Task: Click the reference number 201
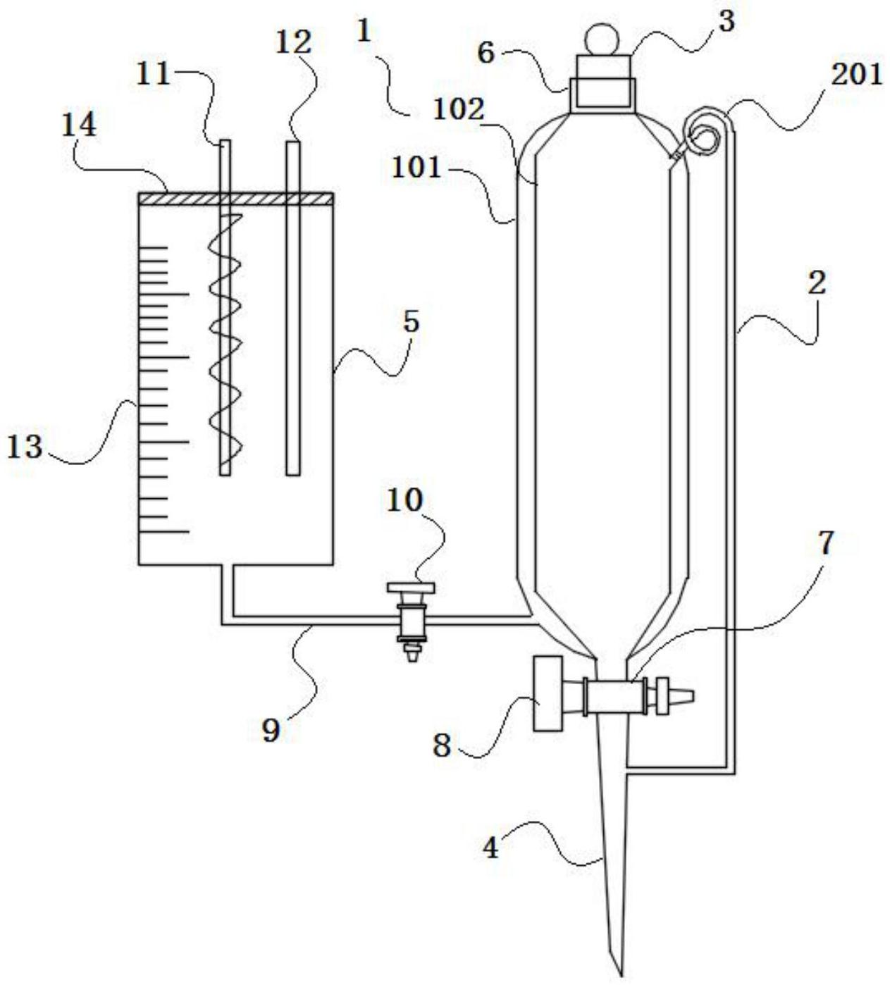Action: click(855, 77)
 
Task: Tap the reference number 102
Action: click(458, 111)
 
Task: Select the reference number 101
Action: click(416, 168)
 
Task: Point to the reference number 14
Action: click(79, 125)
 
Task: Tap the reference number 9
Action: click(271, 730)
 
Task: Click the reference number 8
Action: click(442, 745)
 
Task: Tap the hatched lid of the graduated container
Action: click(236, 199)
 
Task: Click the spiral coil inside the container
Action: click(226, 339)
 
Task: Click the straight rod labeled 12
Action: click(293, 308)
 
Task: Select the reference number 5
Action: click(411, 321)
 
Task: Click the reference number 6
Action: click(486, 53)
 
